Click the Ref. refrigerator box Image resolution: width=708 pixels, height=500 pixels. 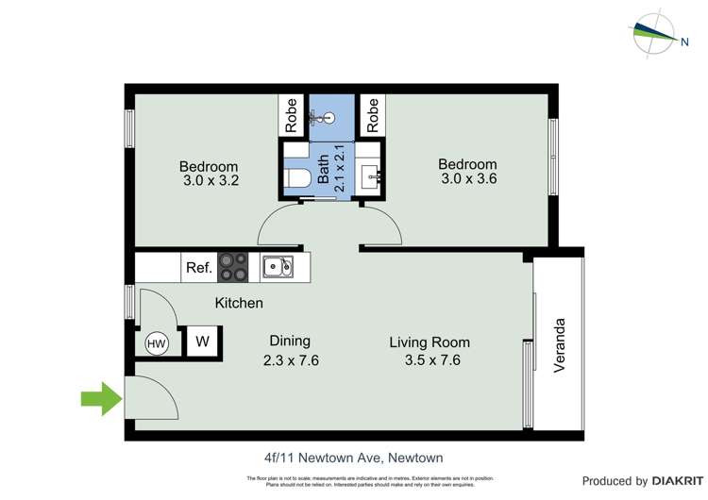click(198, 268)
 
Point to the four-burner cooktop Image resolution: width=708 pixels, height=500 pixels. click(233, 268)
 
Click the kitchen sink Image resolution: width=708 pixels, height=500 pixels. click(277, 268)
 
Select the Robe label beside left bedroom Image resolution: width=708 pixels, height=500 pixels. click(292, 115)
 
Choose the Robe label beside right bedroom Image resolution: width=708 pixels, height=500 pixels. click(372, 115)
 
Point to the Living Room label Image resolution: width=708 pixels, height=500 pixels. click(430, 342)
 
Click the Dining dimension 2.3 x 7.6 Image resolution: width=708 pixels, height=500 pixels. click(291, 359)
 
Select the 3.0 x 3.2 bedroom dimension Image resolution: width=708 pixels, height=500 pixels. click(209, 182)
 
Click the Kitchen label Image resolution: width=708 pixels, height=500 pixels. click(239, 303)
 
